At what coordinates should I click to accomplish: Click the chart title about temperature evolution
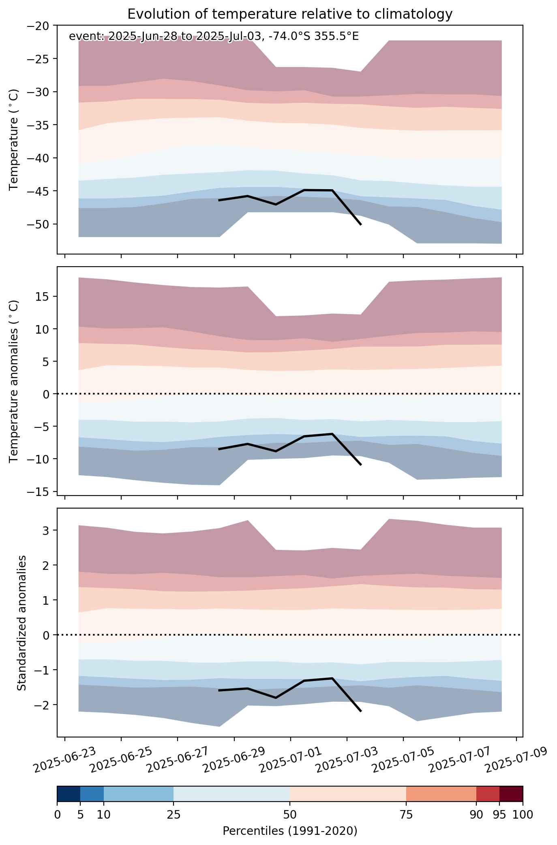click(x=290, y=14)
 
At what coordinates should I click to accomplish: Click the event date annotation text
click(x=214, y=37)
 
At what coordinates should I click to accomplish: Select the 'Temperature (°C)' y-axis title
click(x=14, y=139)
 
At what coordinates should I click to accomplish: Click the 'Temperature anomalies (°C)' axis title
click(x=14, y=381)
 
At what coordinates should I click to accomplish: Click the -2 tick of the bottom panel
click(x=45, y=705)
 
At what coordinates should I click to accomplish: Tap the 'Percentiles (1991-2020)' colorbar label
click(x=290, y=831)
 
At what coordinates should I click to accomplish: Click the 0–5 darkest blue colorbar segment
click(x=69, y=794)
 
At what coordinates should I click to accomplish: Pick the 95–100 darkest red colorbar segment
click(x=511, y=794)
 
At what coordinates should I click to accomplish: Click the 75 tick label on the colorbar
click(x=406, y=815)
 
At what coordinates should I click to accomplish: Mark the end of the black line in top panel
click(x=361, y=224)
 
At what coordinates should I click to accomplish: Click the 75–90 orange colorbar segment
click(x=441, y=794)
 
